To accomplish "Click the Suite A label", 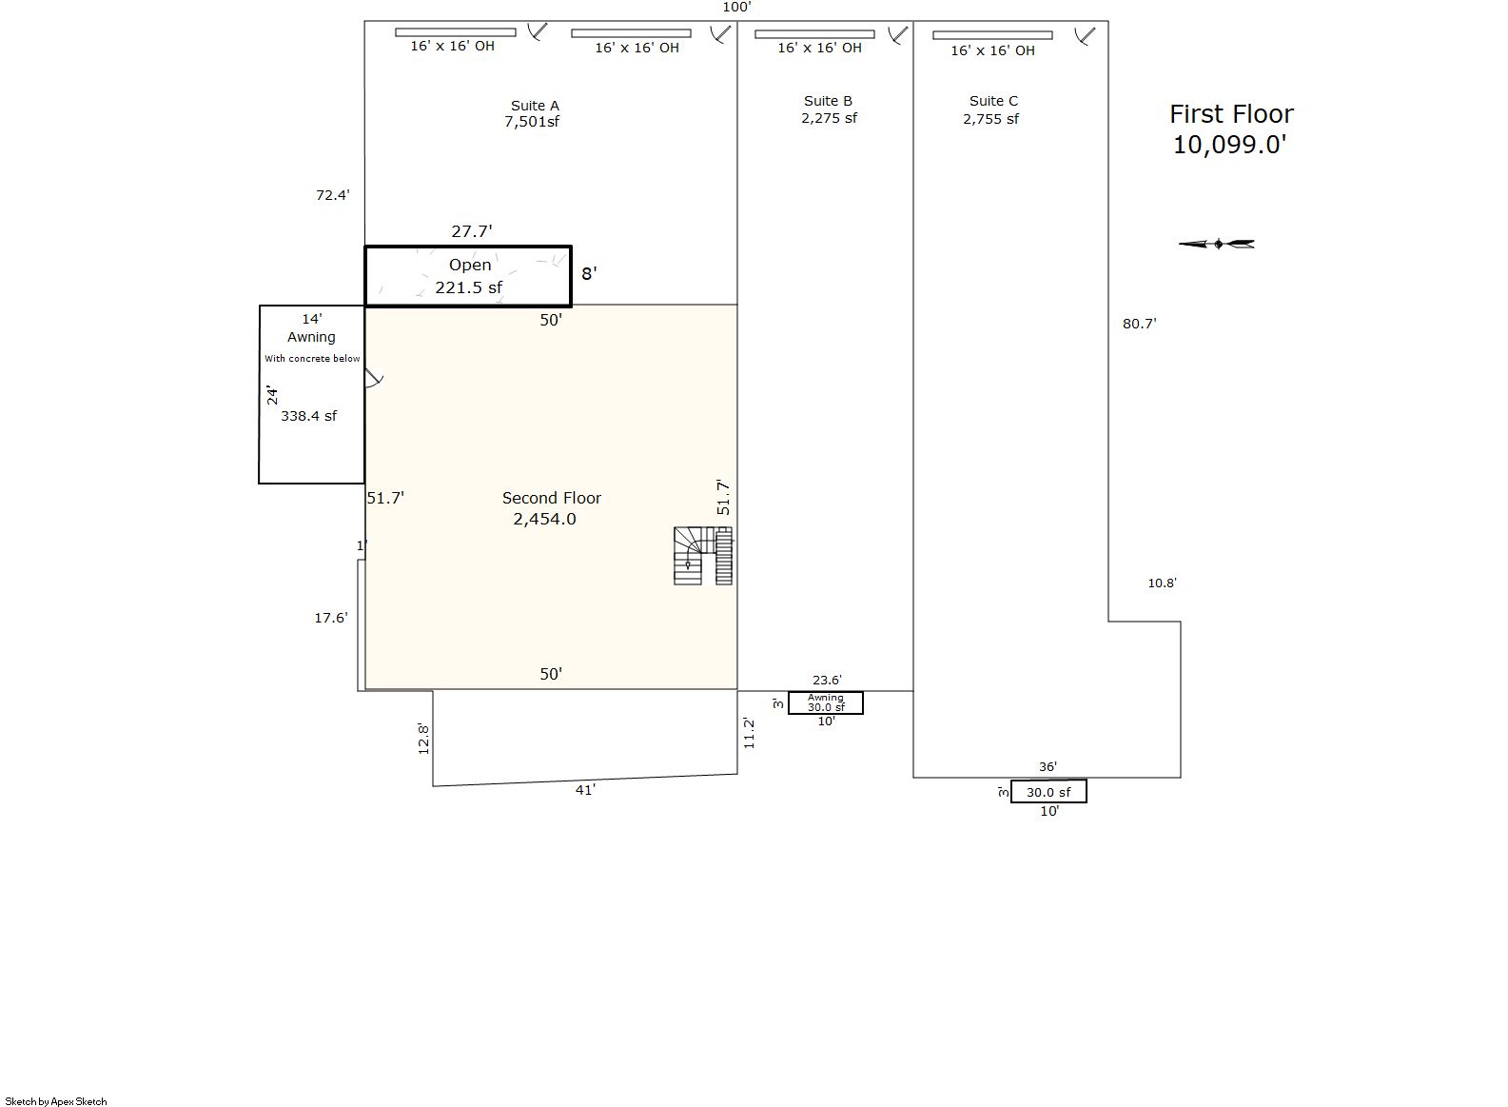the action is pyautogui.click(x=536, y=106).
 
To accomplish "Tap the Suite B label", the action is pyautogui.click(x=828, y=101).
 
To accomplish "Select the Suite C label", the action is pyautogui.click(x=993, y=101).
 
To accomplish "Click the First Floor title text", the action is pyautogui.click(x=1231, y=114).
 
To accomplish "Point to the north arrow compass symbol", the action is pyautogui.click(x=1217, y=244).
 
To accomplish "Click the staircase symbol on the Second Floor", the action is pyautogui.click(x=703, y=556).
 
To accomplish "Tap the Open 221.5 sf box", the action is pyautogui.click(x=468, y=276).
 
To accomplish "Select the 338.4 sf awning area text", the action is pyautogui.click(x=308, y=416).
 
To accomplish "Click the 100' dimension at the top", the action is pyautogui.click(x=736, y=8).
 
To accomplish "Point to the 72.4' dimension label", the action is pyautogui.click(x=333, y=195).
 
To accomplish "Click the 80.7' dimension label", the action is pyautogui.click(x=1139, y=324).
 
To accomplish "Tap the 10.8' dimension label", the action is pyautogui.click(x=1162, y=583).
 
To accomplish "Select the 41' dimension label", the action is pyautogui.click(x=585, y=790).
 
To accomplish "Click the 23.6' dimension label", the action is pyautogui.click(x=827, y=680).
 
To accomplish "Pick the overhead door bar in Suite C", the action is pyautogui.click(x=992, y=35).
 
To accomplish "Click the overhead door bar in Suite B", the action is pyautogui.click(x=814, y=33).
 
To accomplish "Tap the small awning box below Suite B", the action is pyautogui.click(x=826, y=703).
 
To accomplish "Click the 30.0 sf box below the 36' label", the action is pyautogui.click(x=1048, y=792).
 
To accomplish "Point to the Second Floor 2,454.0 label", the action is pyautogui.click(x=551, y=508).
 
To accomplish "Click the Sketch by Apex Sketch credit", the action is pyautogui.click(x=56, y=1101).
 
